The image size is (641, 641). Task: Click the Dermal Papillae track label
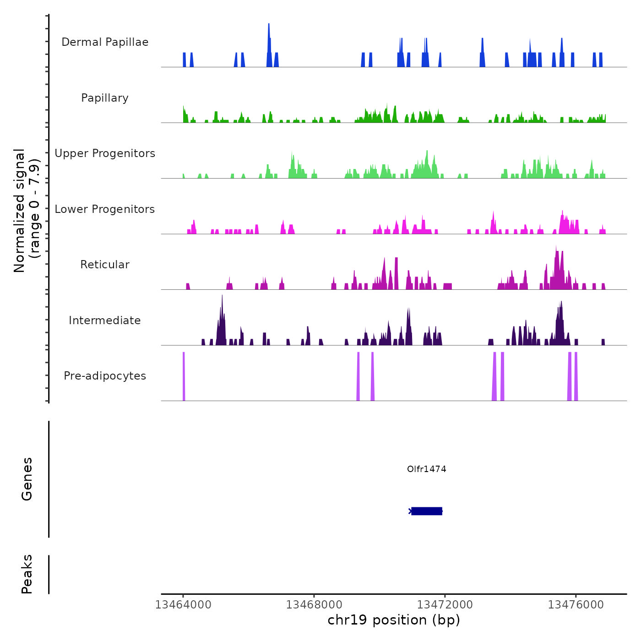point(105,42)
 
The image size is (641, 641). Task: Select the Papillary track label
point(105,98)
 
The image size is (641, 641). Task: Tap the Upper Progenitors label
point(105,153)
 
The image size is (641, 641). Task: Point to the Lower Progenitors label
point(105,209)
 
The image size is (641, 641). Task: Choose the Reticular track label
point(105,265)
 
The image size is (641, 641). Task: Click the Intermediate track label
point(105,320)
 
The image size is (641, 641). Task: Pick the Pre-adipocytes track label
point(105,376)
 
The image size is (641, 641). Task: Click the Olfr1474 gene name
point(426,469)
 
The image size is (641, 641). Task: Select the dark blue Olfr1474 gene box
point(427,511)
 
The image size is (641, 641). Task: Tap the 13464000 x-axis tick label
point(183,605)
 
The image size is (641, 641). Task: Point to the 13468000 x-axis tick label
point(314,605)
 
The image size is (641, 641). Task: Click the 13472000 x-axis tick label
point(445,605)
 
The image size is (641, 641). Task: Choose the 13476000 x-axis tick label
point(576,605)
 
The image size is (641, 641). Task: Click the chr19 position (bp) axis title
point(394,620)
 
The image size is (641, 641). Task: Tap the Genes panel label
point(27,479)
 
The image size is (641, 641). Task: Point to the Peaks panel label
point(27,574)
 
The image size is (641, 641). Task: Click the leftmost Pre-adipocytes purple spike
point(184,375)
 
